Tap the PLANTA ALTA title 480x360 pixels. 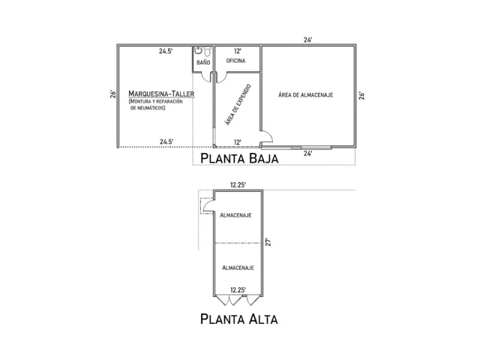[239, 319]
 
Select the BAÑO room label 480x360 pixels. [203, 62]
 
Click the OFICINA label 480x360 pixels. [236, 62]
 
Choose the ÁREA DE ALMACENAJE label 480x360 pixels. [305, 94]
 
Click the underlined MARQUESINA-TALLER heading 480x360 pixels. [160, 93]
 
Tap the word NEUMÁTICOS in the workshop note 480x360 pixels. [148, 109]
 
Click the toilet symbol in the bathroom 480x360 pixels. [199, 52]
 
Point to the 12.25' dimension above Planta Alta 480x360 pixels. [238, 184]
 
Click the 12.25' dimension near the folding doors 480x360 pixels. [238, 289]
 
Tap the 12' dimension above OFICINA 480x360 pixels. [237, 51]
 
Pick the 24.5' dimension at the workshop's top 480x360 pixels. [166, 51]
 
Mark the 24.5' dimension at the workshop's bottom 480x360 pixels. [166, 141]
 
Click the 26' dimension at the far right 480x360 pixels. [361, 95]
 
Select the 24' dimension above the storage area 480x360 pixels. [307, 40]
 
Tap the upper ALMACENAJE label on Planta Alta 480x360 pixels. [235, 215]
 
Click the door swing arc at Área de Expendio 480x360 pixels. [268, 136]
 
